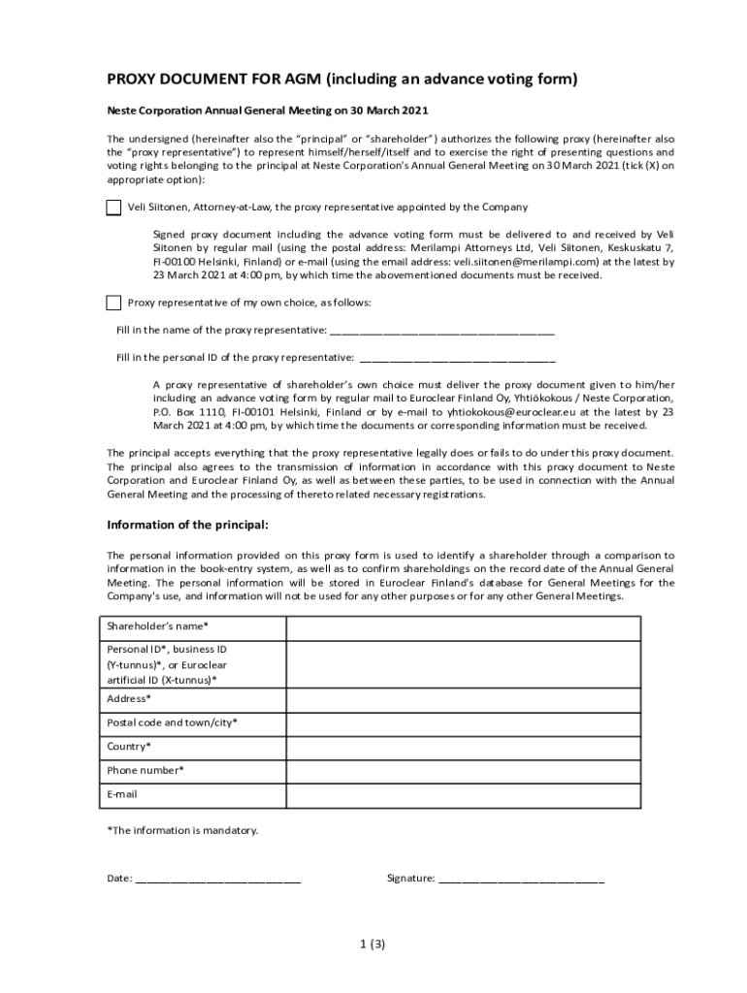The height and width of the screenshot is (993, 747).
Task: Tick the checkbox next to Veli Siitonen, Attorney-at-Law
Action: click(x=114, y=208)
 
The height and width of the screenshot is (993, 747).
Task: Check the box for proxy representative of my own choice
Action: click(x=114, y=303)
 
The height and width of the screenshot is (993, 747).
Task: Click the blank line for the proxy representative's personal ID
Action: click(x=457, y=357)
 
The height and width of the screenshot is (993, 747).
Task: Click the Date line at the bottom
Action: click(x=217, y=879)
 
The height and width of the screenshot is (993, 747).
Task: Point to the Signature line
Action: click(x=521, y=879)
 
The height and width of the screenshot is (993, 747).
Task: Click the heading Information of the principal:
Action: click(x=187, y=526)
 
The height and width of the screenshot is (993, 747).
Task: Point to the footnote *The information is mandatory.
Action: click(x=182, y=830)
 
